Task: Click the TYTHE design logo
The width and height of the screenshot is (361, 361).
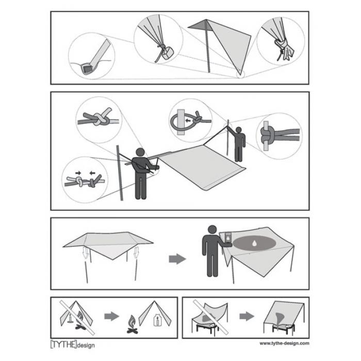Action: click(x=72, y=344)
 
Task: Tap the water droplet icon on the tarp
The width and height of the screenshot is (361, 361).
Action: click(x=257, y=243)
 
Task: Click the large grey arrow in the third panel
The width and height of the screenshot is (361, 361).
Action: click(x=177, y=259)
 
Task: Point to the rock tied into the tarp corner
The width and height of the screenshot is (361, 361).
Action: click(x=167, y=53)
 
